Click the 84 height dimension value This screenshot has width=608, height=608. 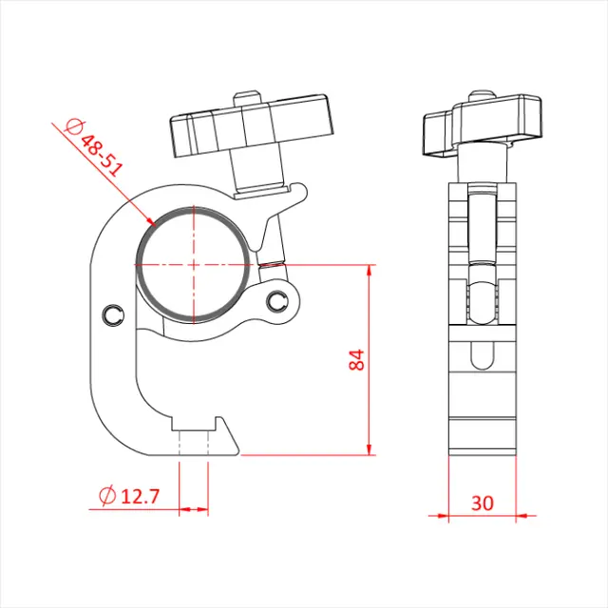[356, 360]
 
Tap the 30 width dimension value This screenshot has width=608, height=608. [482, 503]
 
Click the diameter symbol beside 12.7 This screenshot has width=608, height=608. [107, 495]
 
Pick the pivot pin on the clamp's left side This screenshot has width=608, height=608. [113, 314]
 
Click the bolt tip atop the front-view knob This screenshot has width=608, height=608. [248, 97]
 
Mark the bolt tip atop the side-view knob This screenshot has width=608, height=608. [482, 96]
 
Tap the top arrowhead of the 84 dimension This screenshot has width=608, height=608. [368, 272]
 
